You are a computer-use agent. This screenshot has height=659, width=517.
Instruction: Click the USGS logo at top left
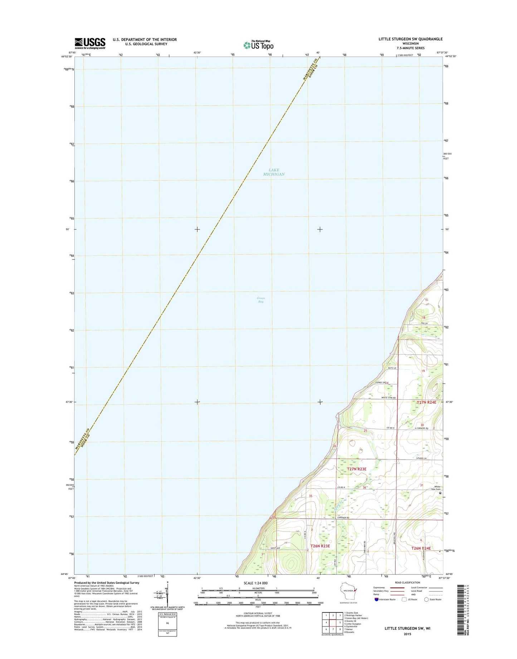coord(90,43)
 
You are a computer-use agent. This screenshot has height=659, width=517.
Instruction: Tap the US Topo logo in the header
coord(258,45)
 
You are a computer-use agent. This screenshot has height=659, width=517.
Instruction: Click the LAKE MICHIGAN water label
coord(274,172)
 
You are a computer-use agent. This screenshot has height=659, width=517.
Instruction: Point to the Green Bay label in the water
coord(261,300)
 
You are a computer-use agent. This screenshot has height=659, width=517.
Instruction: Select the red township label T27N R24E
coord(426,402)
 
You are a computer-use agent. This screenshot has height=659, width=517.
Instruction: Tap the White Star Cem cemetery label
coord(437,488)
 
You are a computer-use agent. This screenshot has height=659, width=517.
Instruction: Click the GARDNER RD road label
coord(343,518)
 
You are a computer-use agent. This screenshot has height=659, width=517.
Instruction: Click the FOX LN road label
coord(424,323)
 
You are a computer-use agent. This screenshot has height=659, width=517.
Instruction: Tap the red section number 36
coord(364,488)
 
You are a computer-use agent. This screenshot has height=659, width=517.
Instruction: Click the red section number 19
coord(423,371)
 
